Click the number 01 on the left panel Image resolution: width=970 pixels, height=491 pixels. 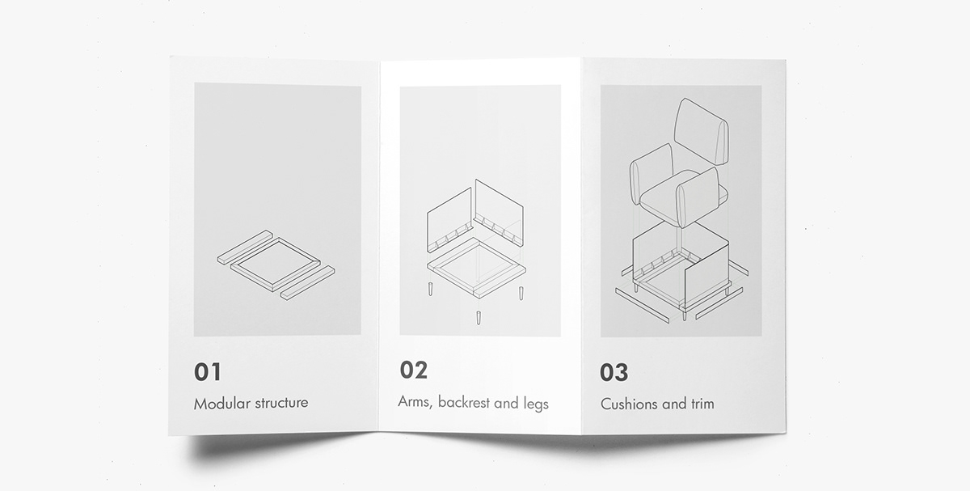click(207, 372)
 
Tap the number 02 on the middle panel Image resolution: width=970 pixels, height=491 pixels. click(413, 370)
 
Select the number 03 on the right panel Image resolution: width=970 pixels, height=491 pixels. click(614, 373)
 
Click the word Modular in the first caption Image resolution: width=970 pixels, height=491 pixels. click(221, 403)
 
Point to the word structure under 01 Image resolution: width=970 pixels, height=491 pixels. click(280, 403)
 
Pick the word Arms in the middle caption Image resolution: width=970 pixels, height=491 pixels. click(414, 401)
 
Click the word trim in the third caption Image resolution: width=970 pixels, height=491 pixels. click(699, 404)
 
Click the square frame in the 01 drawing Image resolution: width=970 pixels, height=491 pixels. click(275, 263)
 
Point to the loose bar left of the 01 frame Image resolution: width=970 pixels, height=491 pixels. click(244, 248)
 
